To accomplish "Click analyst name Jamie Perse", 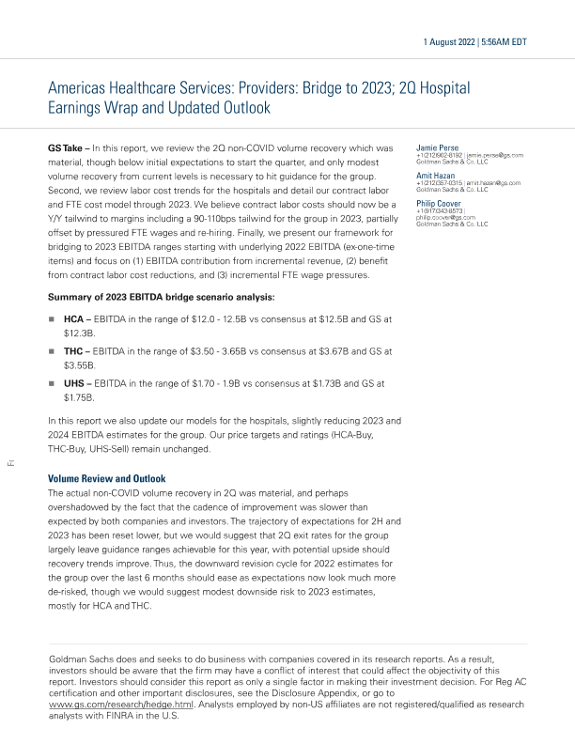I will coord(437,147).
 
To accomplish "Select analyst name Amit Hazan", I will coord(437,175).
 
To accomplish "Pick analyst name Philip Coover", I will coord(440,202).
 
